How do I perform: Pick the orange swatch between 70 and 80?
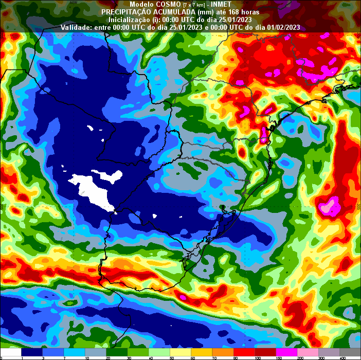(223, 352)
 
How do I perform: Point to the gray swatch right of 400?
(352, 352)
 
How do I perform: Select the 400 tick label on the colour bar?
(342, 357)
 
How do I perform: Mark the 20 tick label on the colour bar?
(109, 357)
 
